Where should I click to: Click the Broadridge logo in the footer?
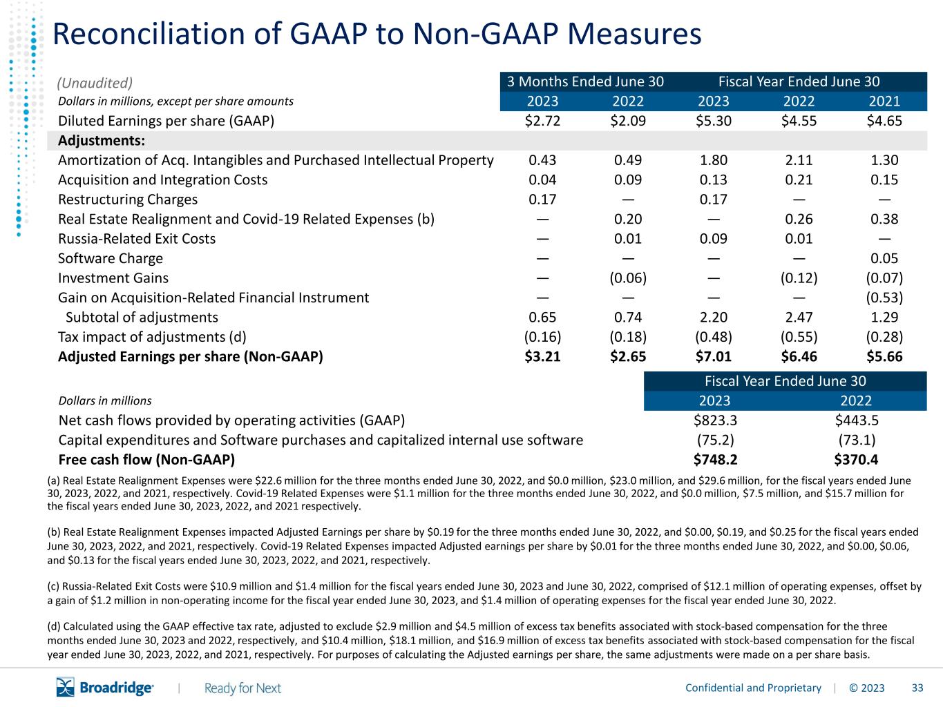click(x=105, y=687)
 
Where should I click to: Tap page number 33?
click(x=917, y=688)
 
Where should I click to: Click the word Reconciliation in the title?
click(x=149, y=34)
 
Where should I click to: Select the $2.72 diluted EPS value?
click(x=542, y=121)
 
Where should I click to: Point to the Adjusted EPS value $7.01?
click(x=714, y=356)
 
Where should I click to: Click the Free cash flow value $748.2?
click(x=715, y=459)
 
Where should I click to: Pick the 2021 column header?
click(x=884, y=101)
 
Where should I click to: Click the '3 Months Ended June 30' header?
click(x=585, y=81)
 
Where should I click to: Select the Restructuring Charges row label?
click(x=128, y=199)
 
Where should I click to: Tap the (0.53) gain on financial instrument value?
click(x=884, y=298)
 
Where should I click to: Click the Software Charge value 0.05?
click(x=884, y=258)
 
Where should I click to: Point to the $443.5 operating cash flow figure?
click(x=857, y=420)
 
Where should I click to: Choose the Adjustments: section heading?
click(x=102, y=140)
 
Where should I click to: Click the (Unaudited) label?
click(x=95, y=83)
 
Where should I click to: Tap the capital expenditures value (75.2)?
click(x=715, y=440)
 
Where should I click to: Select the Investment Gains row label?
click(x=113, y=278)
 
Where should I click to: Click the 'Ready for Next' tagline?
click(x=242, y=688)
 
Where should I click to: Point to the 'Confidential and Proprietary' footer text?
click(x=753, y=688)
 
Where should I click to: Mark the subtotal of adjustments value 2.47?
click(x=799, y=317)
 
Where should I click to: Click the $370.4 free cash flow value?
click(x=856, y=459)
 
